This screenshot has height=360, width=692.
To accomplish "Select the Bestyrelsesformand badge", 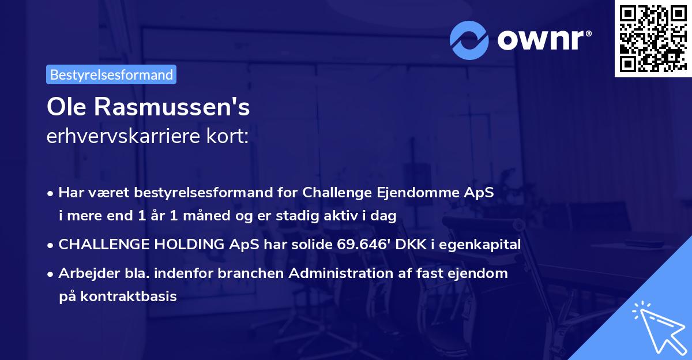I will click(111, 74).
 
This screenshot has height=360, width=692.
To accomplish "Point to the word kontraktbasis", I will click(127, 297).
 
